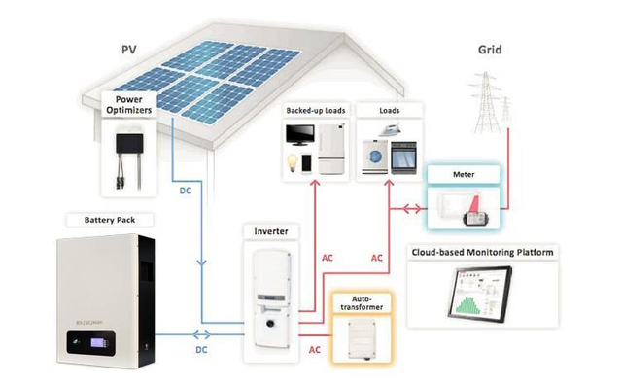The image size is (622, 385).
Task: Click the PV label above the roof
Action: point(127,49)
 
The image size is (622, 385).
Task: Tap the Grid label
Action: point(490,49)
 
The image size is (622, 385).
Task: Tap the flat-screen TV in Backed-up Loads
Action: point(298,135)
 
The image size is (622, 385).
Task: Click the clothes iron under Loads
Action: point(373,133)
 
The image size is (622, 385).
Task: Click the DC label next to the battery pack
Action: point(201,347)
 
